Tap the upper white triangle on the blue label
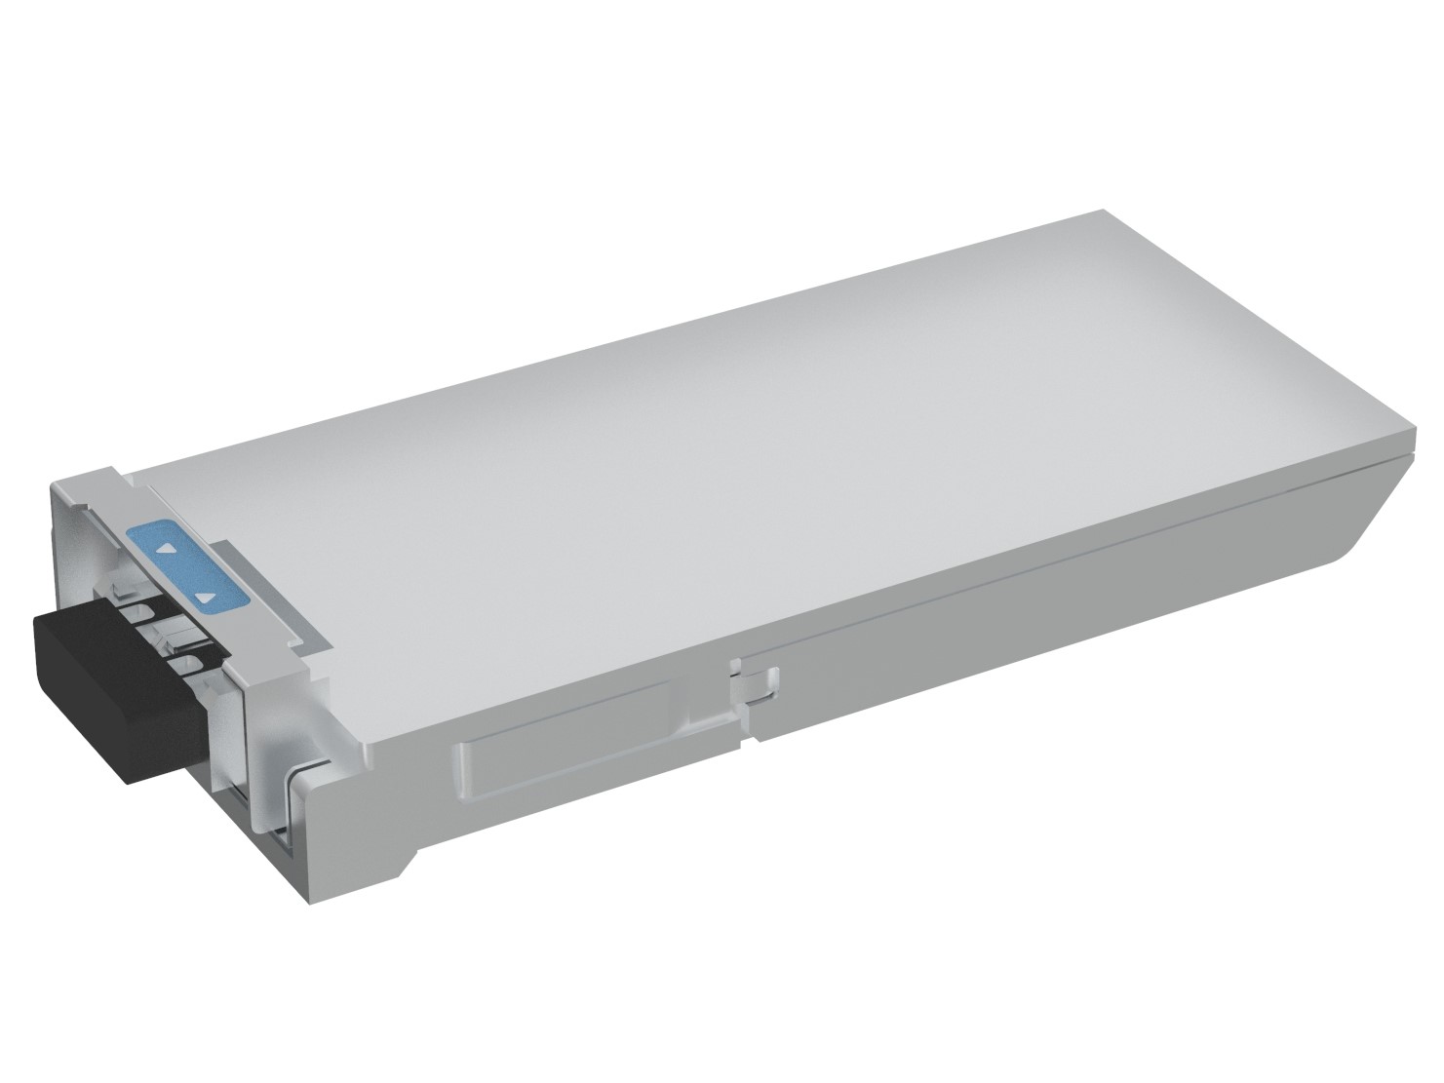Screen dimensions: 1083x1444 coord(167,550)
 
